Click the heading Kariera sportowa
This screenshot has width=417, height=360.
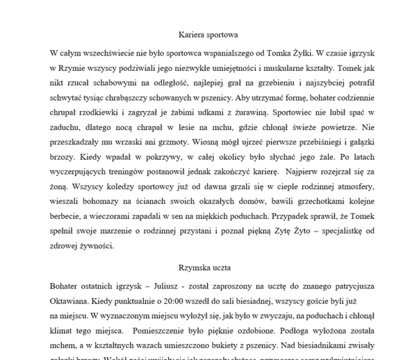coord(208,33)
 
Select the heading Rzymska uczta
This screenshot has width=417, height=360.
coord(208,267)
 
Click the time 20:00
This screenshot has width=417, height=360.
coord(152,302)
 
